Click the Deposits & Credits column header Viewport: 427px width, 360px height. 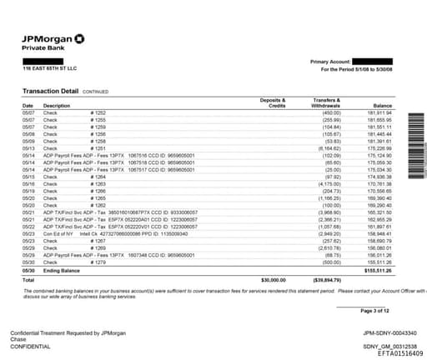click(273, 102)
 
